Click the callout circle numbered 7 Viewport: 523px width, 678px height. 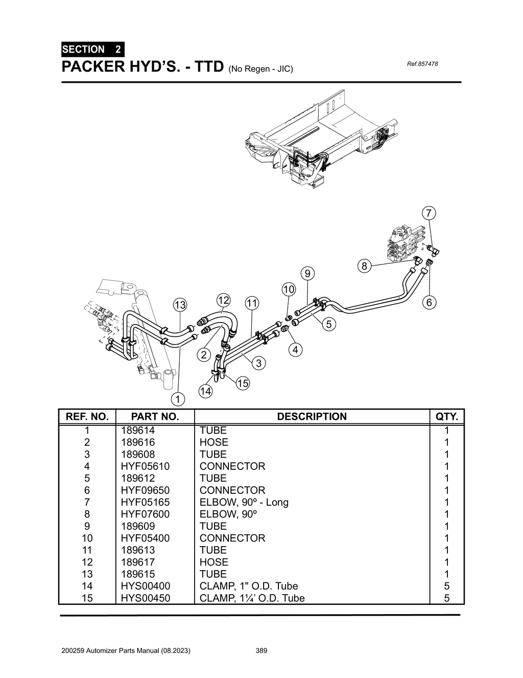pyautogui.click(x=429, y=213)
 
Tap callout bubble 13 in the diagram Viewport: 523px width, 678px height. pyautogui.click(x=180, y=305)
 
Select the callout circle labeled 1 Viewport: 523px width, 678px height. pyautogui.click(x=177, y=398)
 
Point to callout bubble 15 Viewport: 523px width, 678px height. pyautogui.click(x=243, y=383)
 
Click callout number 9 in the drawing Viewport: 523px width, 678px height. pyautogui.click(x=307, y=274)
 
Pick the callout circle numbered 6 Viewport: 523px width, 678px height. pyautogui.click(x=429, y=303)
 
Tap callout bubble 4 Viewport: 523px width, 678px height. pyautogui.click(x=295, y=350)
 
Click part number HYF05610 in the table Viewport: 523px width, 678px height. pyautogui.click(x=145, y=466)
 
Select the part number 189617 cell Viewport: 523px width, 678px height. pyautogui.click(x=138, y=562)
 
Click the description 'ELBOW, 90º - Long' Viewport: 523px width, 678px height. pyautogui.click(x=244, y=502)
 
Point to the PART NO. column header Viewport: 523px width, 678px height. pyautogui.click(x=155, y=416)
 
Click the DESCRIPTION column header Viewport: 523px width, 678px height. pyautogui.click(x=312, y=416)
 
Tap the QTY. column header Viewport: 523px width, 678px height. pyautogui.click(x=446, y=416)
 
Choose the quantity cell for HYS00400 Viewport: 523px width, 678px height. pyautogui.click(x=446, y=586)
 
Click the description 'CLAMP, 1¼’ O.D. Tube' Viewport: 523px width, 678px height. pyautogui.click(x=252, y=598)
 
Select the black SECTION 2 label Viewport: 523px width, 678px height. pyautogui.click(x=92, y=50)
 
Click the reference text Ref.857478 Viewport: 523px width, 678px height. pyautogui.click(x=422, y=64)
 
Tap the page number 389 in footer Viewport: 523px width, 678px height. pyautogui.click(x=261, y=651)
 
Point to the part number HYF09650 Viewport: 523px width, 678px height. pyautogui.click(x=145, y=490)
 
